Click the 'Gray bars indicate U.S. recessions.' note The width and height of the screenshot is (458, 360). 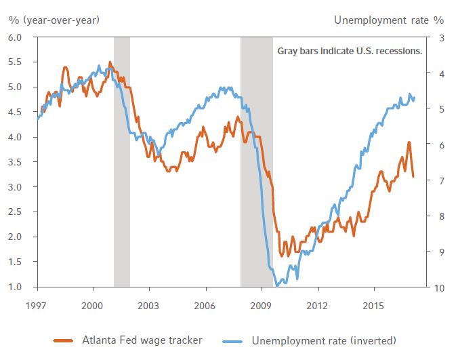[350, 51]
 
